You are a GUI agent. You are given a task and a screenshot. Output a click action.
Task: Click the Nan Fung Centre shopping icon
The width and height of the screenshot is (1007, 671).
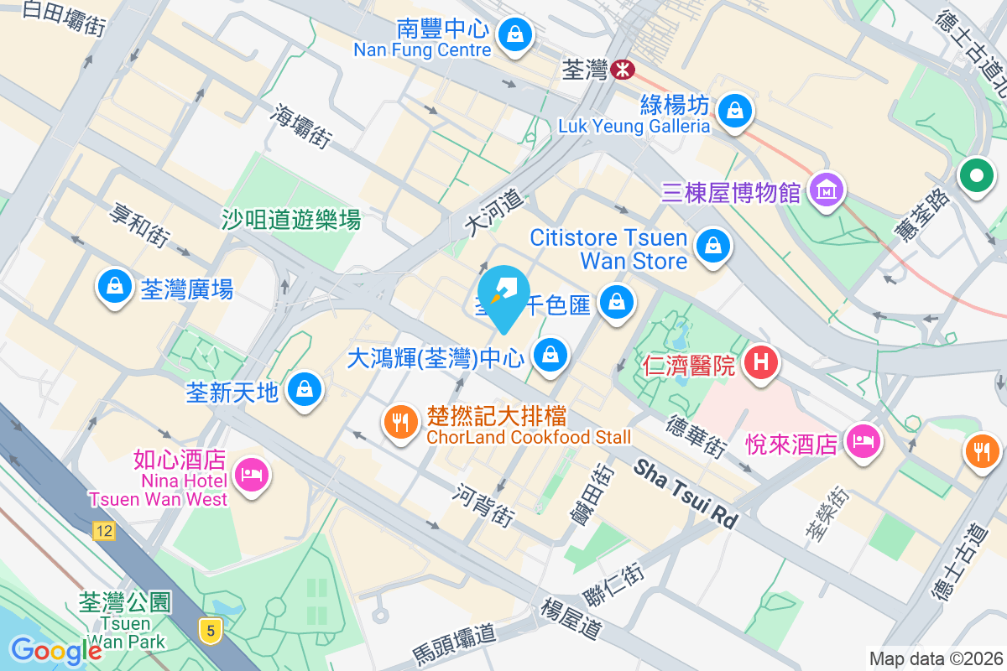pos(512,34)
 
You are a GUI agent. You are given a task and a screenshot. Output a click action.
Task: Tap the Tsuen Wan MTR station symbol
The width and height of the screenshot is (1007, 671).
pos(622,70)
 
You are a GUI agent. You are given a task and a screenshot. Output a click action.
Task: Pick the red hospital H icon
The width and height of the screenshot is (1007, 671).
pos(761,362)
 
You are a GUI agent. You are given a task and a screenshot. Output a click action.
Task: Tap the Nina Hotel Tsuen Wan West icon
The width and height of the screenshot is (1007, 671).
pos(251,475)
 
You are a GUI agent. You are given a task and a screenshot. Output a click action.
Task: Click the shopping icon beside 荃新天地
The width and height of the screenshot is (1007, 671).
pos(303,389)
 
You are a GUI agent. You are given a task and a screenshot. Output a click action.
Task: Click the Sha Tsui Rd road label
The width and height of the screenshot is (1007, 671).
pos(686,493)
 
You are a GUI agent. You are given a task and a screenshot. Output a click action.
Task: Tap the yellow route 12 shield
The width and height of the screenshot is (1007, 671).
pos(104,530)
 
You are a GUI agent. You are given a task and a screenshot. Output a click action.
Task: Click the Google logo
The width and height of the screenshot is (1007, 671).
pos(56,650)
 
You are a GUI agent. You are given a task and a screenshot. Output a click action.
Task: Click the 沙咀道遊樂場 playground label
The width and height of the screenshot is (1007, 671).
pos(291,220)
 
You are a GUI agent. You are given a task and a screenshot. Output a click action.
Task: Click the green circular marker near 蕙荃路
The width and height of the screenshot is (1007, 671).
pos(976,177)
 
